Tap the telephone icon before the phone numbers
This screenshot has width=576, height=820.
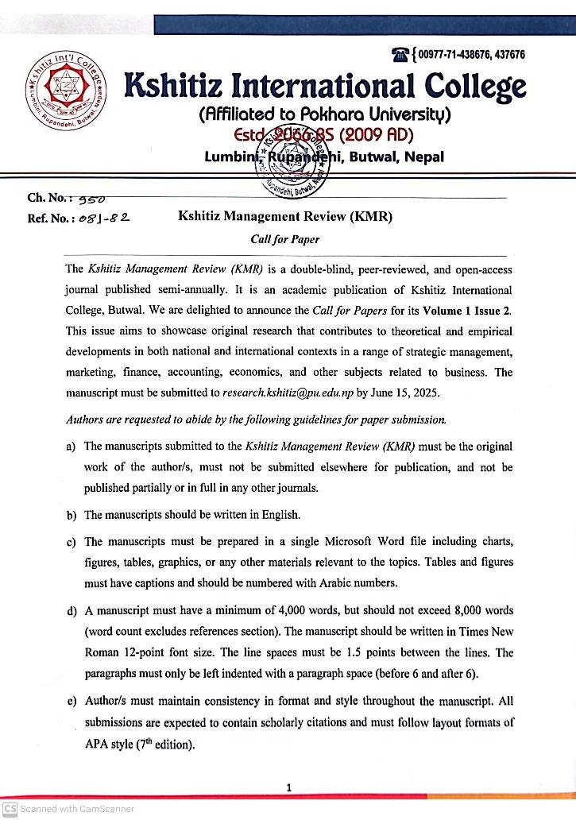(400, 55)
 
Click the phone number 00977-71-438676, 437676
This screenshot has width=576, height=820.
(470, 55)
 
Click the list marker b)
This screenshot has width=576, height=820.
(72, 515)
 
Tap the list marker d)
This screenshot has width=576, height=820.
(72, 611)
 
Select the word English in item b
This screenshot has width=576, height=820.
(280, 515)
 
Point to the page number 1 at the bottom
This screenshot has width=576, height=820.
(288, 787)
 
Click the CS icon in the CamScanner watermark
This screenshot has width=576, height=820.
(10, 809)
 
